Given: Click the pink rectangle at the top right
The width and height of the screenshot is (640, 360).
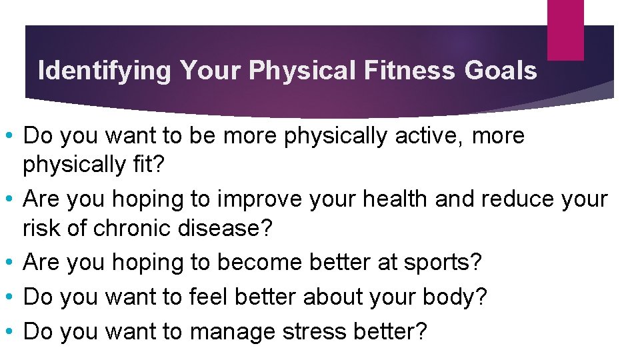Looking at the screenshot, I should pyautogui.click(x=565, y=30).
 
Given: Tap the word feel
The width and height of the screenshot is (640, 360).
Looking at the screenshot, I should pyautogui.click(x=208, y=298).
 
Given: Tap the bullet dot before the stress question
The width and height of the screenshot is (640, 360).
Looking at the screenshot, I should pyautogui.click(x=11, y=332).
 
